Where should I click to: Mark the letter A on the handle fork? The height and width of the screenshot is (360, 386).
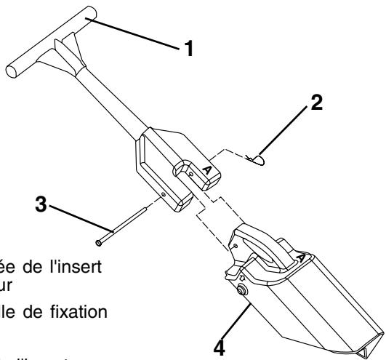pos(206,169)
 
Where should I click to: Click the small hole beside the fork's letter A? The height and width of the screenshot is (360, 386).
pos(190,175)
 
